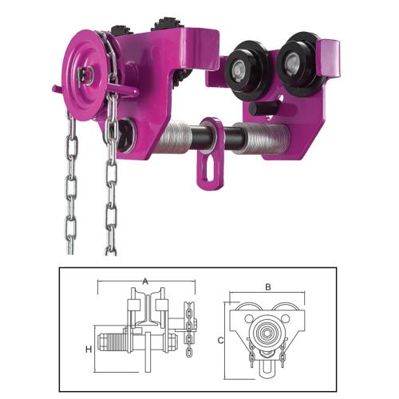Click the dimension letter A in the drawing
[145, 281]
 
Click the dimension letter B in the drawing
[268, 287]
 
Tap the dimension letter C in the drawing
[220, 340]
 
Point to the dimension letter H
[89, 350]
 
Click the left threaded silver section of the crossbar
[173, 137]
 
